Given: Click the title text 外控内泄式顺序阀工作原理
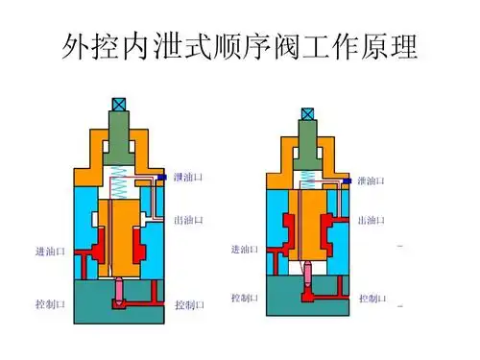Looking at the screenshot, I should pyautogui.click(x=240, y=45).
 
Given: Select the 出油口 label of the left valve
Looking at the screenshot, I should pyautogui.click(x=189, y=220).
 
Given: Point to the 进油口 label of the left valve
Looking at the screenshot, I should pyautogui.click(x=50, y=252).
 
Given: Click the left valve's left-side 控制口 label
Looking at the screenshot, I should pyautogui.click(x=50, y=304).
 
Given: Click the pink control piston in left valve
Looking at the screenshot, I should pyautogui.click(x=120, y=290).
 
